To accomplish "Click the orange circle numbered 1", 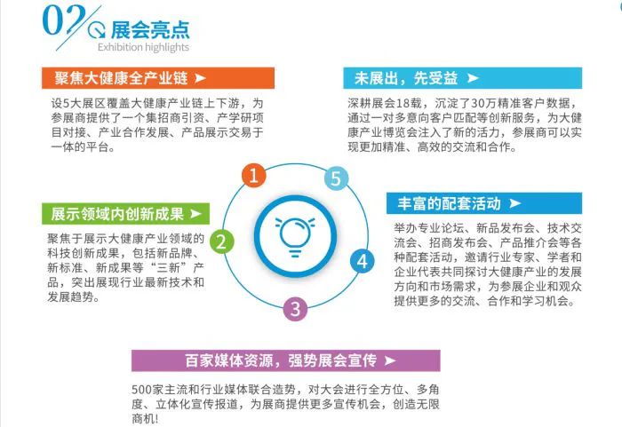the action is tap(254, 175).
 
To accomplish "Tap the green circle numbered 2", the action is tap(222, 241).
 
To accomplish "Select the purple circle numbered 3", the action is tap(295, 309).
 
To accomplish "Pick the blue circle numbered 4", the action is tap(363, 261).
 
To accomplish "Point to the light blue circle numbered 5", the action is tap(336, 178).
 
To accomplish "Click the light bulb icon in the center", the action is tap(295, 236).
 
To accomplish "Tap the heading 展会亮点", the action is tap(150, 29).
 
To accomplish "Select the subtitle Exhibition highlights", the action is tap(143, 47).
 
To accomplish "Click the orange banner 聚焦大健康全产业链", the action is tap(158, 78).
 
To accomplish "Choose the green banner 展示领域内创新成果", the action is tap(126, 214).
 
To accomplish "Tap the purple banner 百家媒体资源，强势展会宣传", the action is tap(285, 360).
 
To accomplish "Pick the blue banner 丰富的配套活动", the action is tap(484, 203).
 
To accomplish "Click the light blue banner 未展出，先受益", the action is tap(463, 78).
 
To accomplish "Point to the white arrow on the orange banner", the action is tap(200, 78).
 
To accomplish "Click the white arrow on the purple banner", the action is tap(390, 360).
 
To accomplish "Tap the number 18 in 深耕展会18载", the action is tap(403, 103).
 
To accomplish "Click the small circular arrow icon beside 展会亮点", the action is tap(97, 30).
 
